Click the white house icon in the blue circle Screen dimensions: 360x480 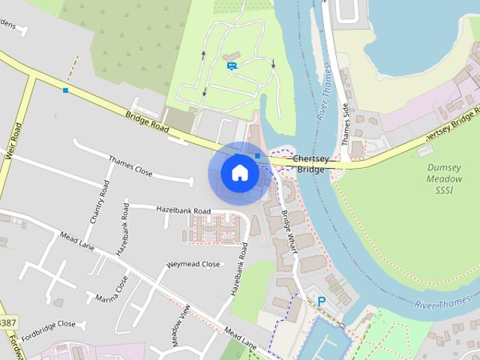pyautogui.click(x=239, y=173)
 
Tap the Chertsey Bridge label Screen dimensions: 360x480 pyautogui.click(x=310, y=164)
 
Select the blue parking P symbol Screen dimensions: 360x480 pyautogui.click(x=322, y=301)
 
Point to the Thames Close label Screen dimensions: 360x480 pyautogui.click(x=130, y=166)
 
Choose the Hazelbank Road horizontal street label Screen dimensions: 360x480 pyautogui.click(x=183, y=211)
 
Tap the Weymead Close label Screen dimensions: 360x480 pyautogui.click(x=193, y=265)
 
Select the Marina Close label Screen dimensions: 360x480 pyautogui.click(x=112, y=293)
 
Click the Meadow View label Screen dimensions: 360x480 pyautogui.click(x=179, y=325)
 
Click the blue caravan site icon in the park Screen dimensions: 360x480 pyautogui.click(x=232, y=66)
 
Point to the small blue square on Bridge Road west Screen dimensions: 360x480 pyautogui.click(x=65, y=91)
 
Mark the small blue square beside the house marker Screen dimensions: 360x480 pyautogui.click(x=257, y=156)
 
